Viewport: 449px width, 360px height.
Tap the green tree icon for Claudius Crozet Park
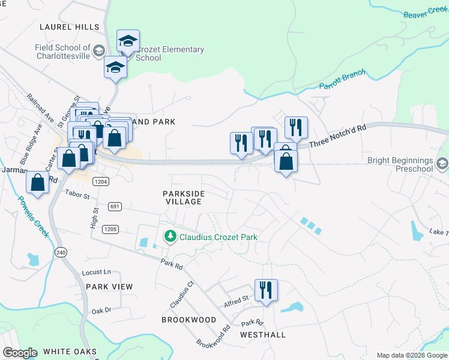pos(170,236)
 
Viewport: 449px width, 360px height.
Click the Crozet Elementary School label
pos(170,54)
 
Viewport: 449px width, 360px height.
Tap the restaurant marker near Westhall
pos(264,290)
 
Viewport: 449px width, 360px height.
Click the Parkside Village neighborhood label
pos(184,198)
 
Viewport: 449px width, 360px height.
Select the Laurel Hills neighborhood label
pos(69,27)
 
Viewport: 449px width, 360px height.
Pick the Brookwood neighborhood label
pos(188,320)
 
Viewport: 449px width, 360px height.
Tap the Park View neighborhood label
pos(109,287)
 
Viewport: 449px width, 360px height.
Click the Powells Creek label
pos(33,216)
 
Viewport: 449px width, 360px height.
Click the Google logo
pos(20,353)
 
